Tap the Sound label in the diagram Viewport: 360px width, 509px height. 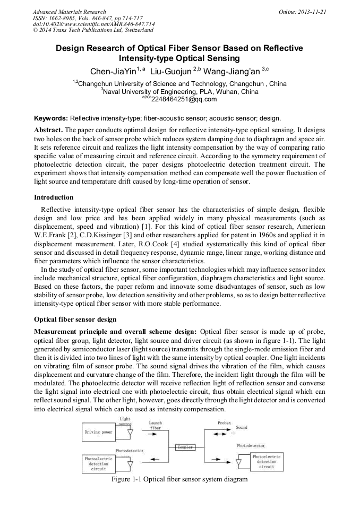(x=242, y=427)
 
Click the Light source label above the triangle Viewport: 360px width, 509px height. (x=125, y=421)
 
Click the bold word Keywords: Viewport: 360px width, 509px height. (x=52, y=118)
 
